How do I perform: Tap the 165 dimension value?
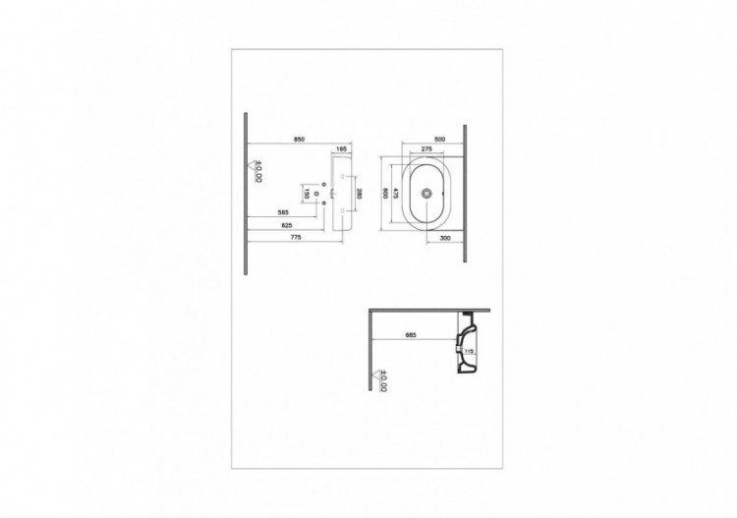pyautogui.click(x=341, y=149)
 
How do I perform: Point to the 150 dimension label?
pyautogui.click(x=308, y=195)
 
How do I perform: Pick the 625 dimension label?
pyautogui.click(x=288, y=225)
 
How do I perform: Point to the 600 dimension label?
pyautogui.click(x=385, y=195)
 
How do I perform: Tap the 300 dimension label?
pyautogui.click(x=444, y=239)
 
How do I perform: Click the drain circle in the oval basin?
pyautogui.click(x=425, y=195)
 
